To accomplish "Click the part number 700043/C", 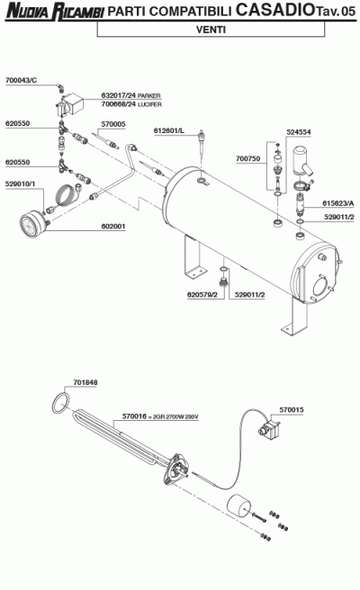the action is (x=21, y=80).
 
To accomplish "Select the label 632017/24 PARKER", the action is (x=130, y=95).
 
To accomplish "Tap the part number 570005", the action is (x=113, y=124).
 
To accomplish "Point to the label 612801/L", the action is (x=168, y=130).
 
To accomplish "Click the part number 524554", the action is (x=299, y=132).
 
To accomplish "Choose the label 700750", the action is (x=247, y=159).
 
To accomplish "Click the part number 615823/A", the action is (x=337, y=203).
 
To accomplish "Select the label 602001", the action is (x=113, y=227).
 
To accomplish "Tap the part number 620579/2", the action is (x=202, y=295).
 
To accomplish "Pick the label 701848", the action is (x=85, y=382).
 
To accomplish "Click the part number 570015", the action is (x=292, y=410).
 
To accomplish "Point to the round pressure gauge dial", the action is (x=33, y=225).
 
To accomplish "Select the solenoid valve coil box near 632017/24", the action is (x=74, y=102).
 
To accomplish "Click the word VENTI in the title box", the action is (x=211, y=30).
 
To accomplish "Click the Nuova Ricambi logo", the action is (x=55, y=12).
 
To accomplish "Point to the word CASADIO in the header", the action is (x=275, y=10).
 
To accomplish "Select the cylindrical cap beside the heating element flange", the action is (x=238, y=505).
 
